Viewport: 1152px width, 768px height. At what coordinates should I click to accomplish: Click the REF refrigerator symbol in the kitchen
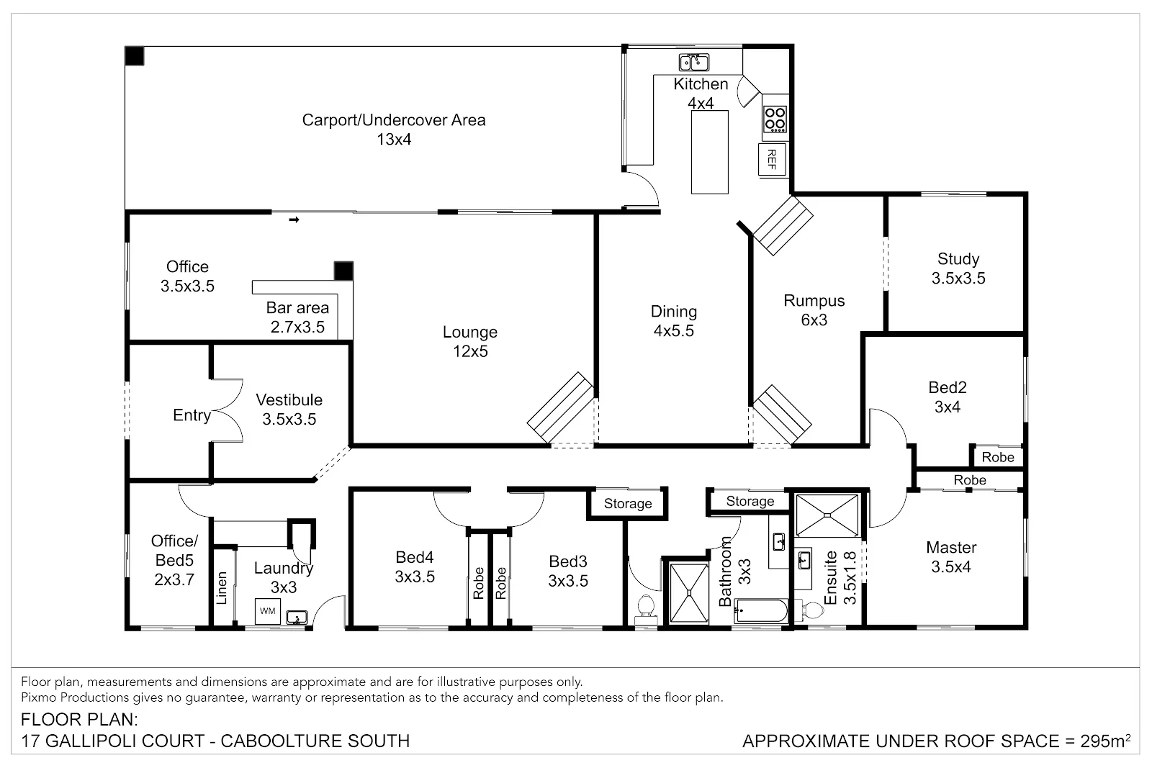point(771,159)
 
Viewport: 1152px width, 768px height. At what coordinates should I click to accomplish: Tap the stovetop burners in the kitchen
point(775,119)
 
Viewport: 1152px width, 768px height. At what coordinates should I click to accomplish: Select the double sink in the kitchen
point(693,62)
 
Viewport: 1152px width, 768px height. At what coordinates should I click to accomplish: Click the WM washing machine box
point(267,611)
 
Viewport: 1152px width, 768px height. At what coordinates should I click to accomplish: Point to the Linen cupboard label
point(222,587)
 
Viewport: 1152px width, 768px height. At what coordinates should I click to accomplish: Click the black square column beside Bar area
point(344,271)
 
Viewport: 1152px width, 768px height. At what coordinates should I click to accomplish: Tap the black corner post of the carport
point(135,55)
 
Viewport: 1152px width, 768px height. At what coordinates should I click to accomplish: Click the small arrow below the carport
point(294,220)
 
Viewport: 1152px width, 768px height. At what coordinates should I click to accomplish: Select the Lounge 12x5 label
point(469,341)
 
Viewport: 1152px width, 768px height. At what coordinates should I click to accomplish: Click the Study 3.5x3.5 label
point(958,268)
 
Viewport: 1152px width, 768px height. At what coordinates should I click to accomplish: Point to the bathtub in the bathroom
point(760,613)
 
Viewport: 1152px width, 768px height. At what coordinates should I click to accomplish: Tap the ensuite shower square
point(827,515)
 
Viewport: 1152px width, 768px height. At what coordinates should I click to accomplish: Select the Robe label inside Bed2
point(997,457)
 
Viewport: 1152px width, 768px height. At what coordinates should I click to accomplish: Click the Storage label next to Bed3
point(627,504)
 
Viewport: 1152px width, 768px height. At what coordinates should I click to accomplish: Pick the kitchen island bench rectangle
point(709,152)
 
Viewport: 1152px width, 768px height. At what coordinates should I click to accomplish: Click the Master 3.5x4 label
point(950,556)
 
